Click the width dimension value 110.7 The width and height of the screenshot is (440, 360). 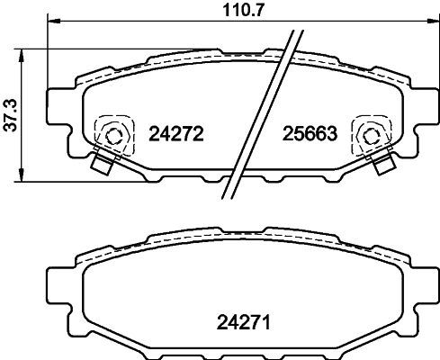[243, 11]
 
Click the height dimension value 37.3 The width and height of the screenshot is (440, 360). [10, 116]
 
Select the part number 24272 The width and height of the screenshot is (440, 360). [176, 134]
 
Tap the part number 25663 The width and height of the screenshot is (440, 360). [310, 134]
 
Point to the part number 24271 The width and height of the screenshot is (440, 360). [244, 322]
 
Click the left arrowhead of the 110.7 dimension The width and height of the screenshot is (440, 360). [54, 22]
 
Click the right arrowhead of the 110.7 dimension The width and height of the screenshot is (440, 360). [432, 22]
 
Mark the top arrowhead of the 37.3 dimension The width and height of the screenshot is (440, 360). [21, 56]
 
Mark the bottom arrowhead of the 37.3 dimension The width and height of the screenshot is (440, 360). [21, 175]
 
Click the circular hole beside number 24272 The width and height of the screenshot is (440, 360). [113, 136]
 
